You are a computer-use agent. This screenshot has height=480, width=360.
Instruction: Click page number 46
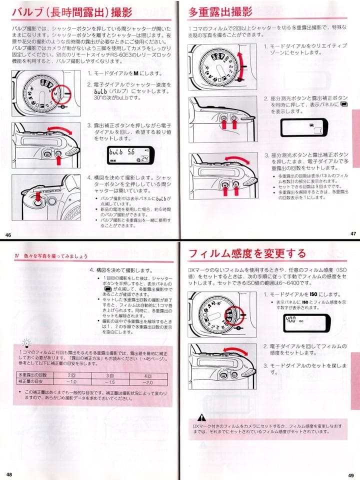click(8, 235)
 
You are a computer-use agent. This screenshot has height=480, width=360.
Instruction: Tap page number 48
click(9, 474)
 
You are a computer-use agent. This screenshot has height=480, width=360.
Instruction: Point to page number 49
click(351, 475)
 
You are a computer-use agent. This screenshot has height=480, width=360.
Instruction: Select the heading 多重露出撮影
click(220, 12)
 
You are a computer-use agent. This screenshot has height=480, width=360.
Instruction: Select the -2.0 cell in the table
click(148, 381)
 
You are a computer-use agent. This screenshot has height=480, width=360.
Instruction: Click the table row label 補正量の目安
click(33, 381)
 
